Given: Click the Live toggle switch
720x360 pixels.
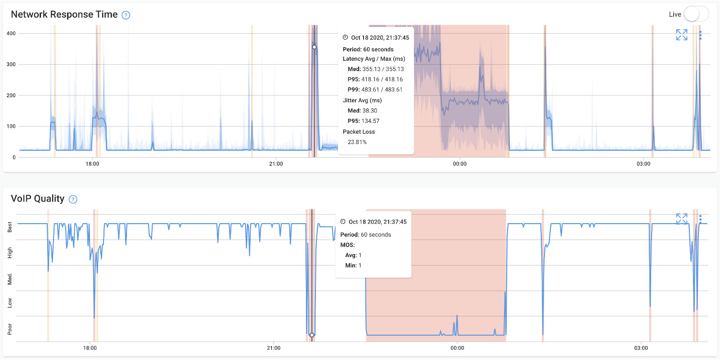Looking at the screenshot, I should pyautogui.click(x=696, y=14).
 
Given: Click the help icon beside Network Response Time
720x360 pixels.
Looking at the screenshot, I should pyautogui.click(x=126, y=15).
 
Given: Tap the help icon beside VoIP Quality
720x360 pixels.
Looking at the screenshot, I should pyautogui.click(x=73, y=199).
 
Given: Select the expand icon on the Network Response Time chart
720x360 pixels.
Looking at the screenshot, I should pyautogui.click(x=682, y=35).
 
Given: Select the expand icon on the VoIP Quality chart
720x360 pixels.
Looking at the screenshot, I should pyautogui.click(x=682, y=219).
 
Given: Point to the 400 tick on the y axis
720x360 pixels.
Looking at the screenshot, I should pyautogui.click(x=11, y=33).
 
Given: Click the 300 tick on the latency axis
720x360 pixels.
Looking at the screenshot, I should pyautogui.click(x=11, y=64).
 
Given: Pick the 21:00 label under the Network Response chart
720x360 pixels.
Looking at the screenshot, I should pyautogui.click(x=276, y=164).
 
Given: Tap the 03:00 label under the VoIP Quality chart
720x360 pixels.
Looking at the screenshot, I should pyautogui.click(x=641, y=348).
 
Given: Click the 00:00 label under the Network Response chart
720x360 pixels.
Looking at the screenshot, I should pyautogui.click(x=459, y=164).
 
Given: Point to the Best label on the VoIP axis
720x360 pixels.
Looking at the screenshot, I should pyautogui.click(x=10, y=226).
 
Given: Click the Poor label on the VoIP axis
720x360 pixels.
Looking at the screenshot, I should pyautogui.click(x=10, y=329).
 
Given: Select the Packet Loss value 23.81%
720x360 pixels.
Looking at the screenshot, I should pyautogui.click(x=357, y=142).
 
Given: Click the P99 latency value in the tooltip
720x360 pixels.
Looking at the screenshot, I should pyautogui.click(x=382, y=90).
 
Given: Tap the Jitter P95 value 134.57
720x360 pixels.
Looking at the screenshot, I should pyautogui.click(x=369, y=121).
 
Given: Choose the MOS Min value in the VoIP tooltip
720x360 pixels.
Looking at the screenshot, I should pyautogui.click(x=360, y=265).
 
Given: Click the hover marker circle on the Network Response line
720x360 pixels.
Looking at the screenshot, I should pyautogui.click(x=314, y=47).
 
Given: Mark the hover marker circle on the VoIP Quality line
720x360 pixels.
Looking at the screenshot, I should pyautogui.click(x=312, y=335).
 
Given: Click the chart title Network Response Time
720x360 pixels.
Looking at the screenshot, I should pyautogui.click(x=64, y=14).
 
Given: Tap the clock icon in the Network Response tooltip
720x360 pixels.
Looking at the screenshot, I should pyautogui.click(x=345, y=37).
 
